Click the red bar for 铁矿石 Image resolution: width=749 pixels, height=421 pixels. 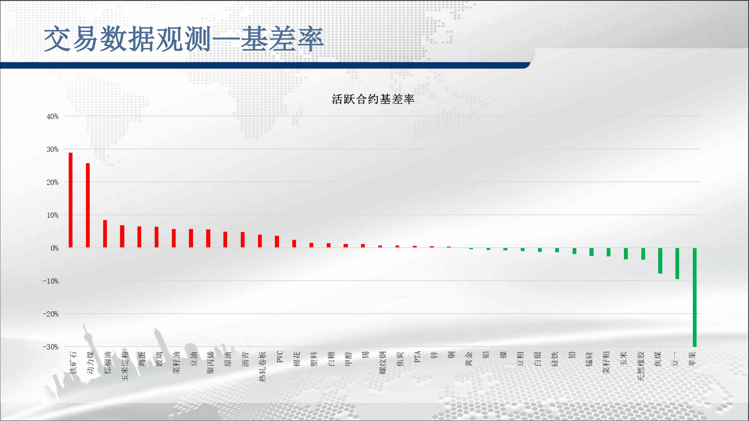[x=71, y=200]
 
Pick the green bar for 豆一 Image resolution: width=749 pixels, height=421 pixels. [x=677, y=263]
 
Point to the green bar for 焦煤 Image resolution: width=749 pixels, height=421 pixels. [x=660, y=261]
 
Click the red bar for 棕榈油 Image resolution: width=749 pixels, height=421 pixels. [x=105, y=234]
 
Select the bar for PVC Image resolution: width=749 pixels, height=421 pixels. [x=277, y=241]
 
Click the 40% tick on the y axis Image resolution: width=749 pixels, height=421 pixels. [x=53, y=117]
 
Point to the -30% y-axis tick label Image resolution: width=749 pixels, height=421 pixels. [x=51, y=347]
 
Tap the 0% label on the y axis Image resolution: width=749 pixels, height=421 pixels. [x=54, y=248]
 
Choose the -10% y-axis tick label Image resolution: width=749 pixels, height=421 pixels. [x=51, y=281]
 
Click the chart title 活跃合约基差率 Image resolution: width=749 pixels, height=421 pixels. [x=373, y=99]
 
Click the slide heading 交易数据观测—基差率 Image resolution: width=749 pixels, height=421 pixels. [x=184, y=39]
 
